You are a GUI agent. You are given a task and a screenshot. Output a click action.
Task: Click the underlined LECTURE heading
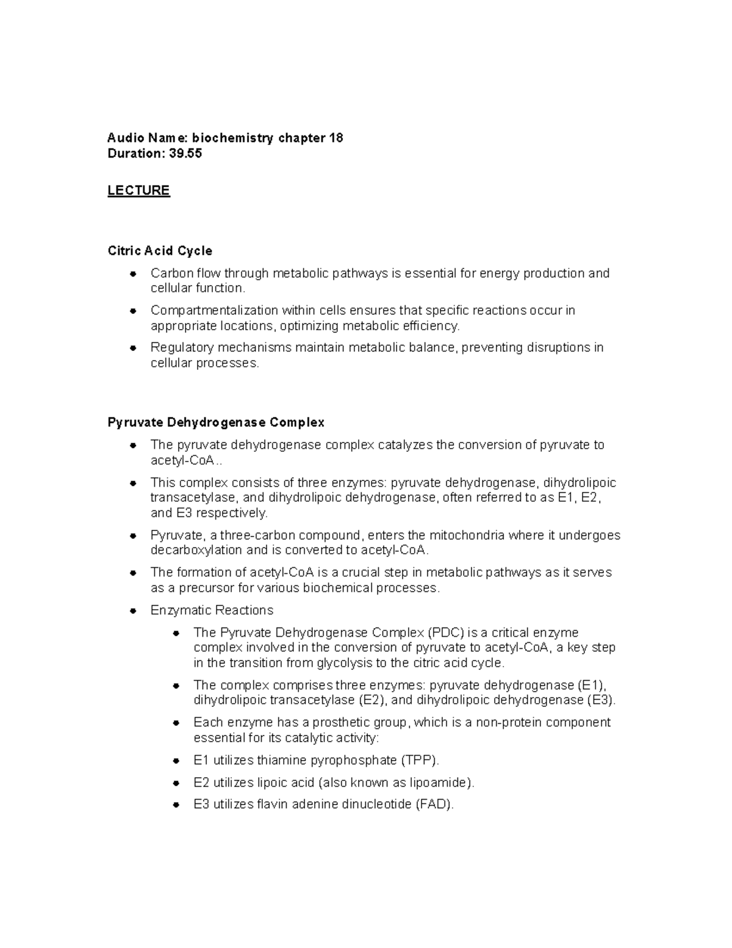click(138, 190)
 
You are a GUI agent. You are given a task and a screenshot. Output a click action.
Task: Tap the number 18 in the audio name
click(336, 138)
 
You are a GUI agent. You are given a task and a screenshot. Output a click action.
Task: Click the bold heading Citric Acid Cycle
click(160, 251)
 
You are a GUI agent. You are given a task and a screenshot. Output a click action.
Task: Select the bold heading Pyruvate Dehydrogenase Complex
click(216, 422)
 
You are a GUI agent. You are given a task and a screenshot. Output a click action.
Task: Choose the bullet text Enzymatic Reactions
click(212, 610)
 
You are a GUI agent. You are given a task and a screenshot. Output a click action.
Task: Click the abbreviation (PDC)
click(445, 632)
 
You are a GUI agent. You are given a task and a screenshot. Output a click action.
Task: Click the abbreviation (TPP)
click(419, 761)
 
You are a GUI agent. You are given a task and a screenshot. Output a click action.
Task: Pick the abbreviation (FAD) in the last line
click(434, 805)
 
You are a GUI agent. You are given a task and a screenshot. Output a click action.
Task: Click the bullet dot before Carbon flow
click(133, 274)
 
